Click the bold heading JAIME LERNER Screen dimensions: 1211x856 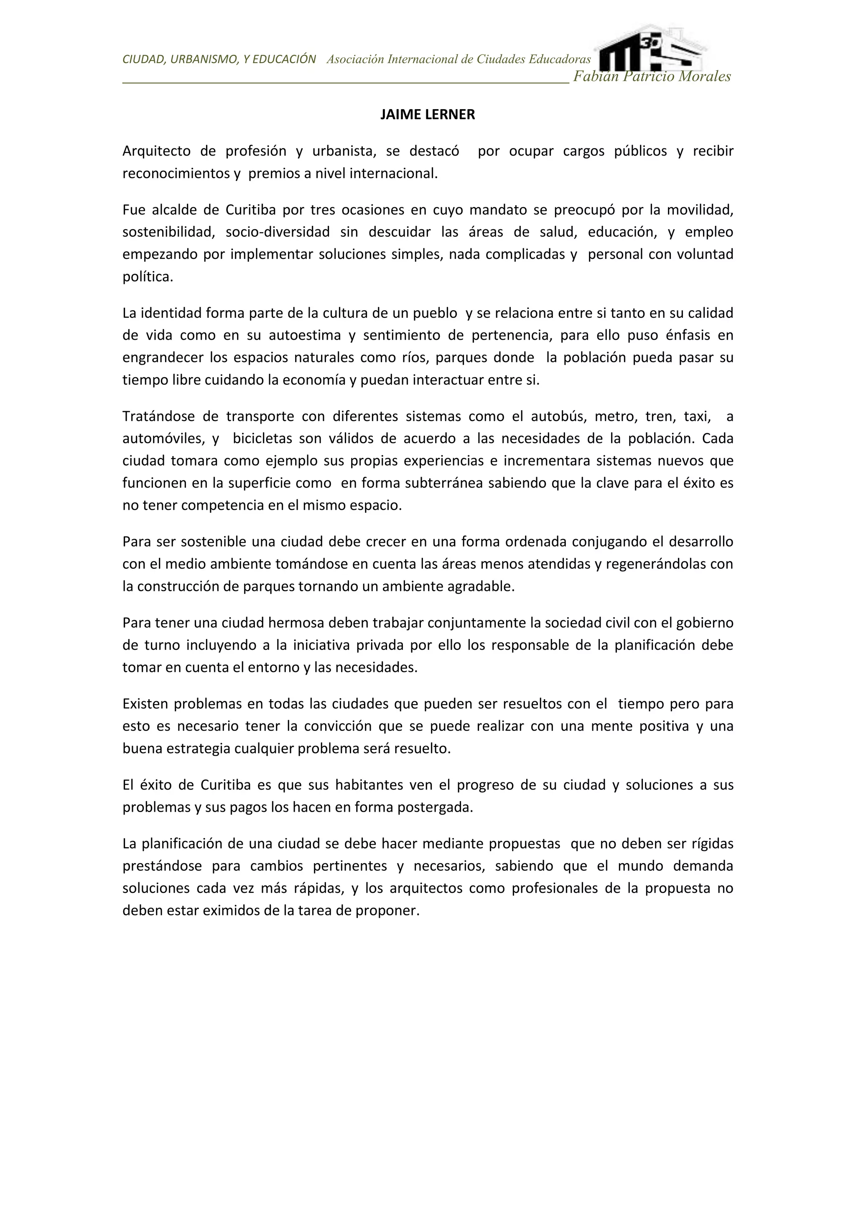pyautogui.click(x=428, y=115)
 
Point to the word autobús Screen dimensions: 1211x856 pyautogui.click(x=559, y=416)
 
